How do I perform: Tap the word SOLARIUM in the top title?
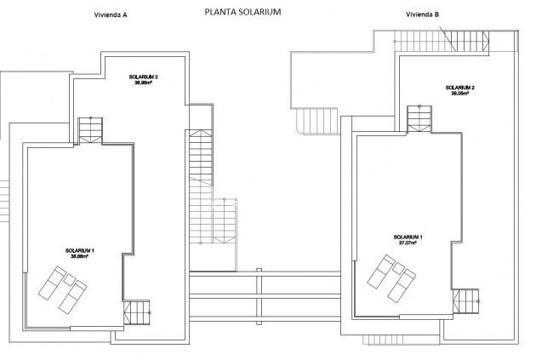[x=262, y=13]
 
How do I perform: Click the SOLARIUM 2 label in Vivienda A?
[x=144, y=77]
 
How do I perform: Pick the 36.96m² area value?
[x=144, y=83]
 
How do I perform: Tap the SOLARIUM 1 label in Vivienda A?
[x=79, y=250]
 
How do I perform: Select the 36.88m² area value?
[x=79, y=256]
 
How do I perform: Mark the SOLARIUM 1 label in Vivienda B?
[x=408, y=236]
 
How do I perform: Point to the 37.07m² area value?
[x=408, y=242]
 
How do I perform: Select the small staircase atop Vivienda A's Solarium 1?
[x=89, y=130]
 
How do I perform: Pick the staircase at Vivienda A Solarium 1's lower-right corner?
[x=136, y=312]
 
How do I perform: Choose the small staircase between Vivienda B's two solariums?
[x=419, y=117]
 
